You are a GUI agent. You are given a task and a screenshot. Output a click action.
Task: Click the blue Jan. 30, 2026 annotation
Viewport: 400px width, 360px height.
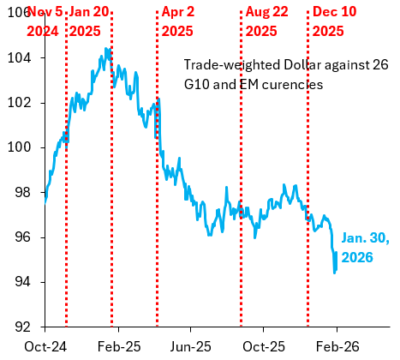(x=365, y=248)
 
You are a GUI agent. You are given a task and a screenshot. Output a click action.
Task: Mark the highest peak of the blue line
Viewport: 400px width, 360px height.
(x=106, y=49)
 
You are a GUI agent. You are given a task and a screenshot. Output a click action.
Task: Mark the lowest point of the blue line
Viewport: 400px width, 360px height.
(x=334, y=273)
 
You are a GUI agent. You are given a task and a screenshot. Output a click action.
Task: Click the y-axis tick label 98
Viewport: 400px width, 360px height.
(x=24, y=193)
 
